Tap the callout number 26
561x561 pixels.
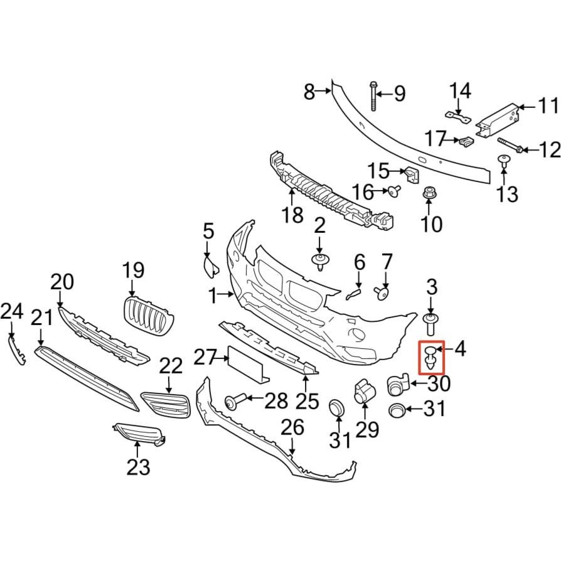click(x=292, y=428)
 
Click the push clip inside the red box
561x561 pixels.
click(x=431, y=357)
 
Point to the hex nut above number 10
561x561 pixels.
click(x=428, y=193)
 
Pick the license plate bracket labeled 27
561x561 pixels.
click(x=248, y=364)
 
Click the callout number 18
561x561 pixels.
click(x=292, y=215)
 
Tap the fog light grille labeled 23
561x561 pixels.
click(x=139, y=435)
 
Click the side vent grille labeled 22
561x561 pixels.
click(x=165, y=405)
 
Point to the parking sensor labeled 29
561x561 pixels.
click(x=364, y=391)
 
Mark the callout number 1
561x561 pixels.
click(x=213, y=297)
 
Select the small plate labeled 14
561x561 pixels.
click(x=457, y=117)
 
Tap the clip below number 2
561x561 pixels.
click(x=319, y=262)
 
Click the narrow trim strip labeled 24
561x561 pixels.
click(x=16, y=350)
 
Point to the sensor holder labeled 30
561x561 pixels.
click(x=397, y=384)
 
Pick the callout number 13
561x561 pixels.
click(x=508, y=195)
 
